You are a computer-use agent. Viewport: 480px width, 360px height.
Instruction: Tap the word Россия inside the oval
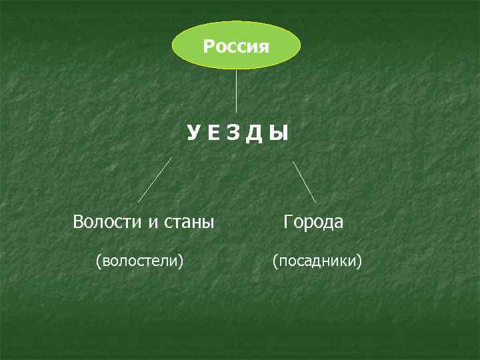[236, 47]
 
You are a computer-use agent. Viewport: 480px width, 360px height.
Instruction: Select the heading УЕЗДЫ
[237, 134]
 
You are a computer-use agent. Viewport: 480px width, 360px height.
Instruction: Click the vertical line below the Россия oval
[237, 91]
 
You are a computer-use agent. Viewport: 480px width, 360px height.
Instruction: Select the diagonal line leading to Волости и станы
[155, 180]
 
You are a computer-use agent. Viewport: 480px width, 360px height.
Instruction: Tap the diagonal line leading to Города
[305, 181]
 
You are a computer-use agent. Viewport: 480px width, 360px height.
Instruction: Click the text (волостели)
[139, 259]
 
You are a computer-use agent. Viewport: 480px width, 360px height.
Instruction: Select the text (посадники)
[317, 259]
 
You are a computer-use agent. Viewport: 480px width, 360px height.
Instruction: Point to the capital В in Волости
[78, 221]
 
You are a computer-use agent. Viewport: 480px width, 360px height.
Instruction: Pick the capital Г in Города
[287, 221]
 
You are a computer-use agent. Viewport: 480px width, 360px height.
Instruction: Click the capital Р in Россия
[208, 47]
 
